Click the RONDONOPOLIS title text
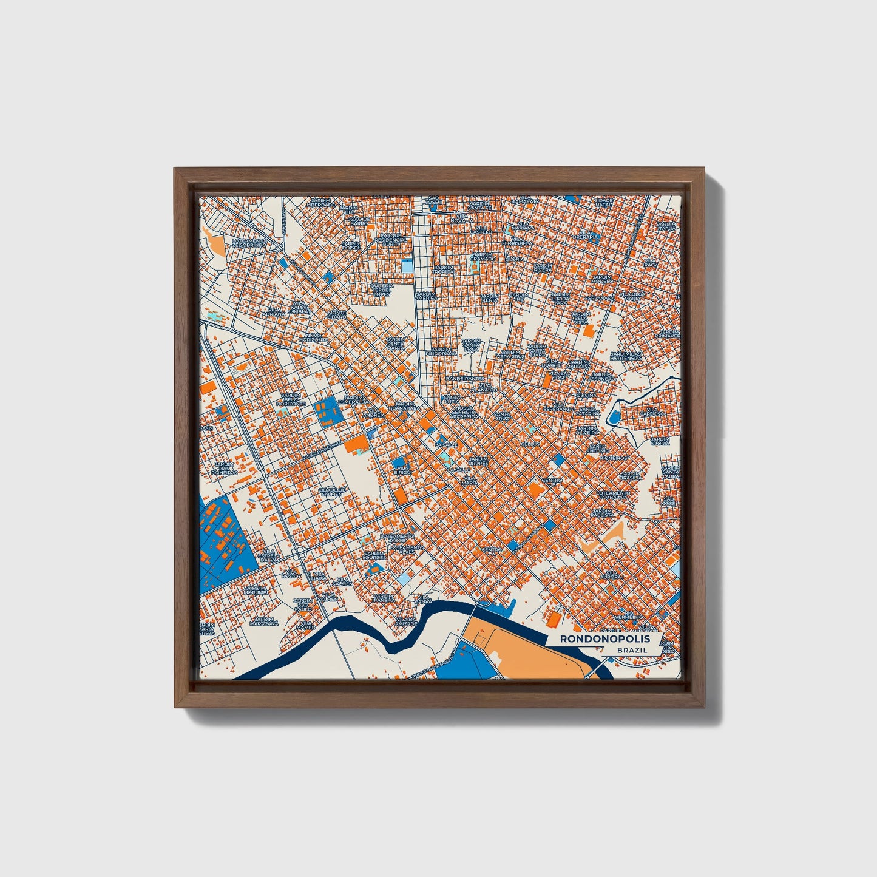[604, 638]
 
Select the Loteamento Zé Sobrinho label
[249, 243]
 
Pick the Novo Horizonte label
[316, 337]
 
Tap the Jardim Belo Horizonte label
[290, 399]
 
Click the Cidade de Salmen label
[331, 491]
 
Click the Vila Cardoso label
[656, 412]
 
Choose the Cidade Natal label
[603, 203]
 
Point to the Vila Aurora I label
[611, 573]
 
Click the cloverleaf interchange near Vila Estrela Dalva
[297, 553]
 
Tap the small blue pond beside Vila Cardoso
[614, 417]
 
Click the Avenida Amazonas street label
[527, 538]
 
